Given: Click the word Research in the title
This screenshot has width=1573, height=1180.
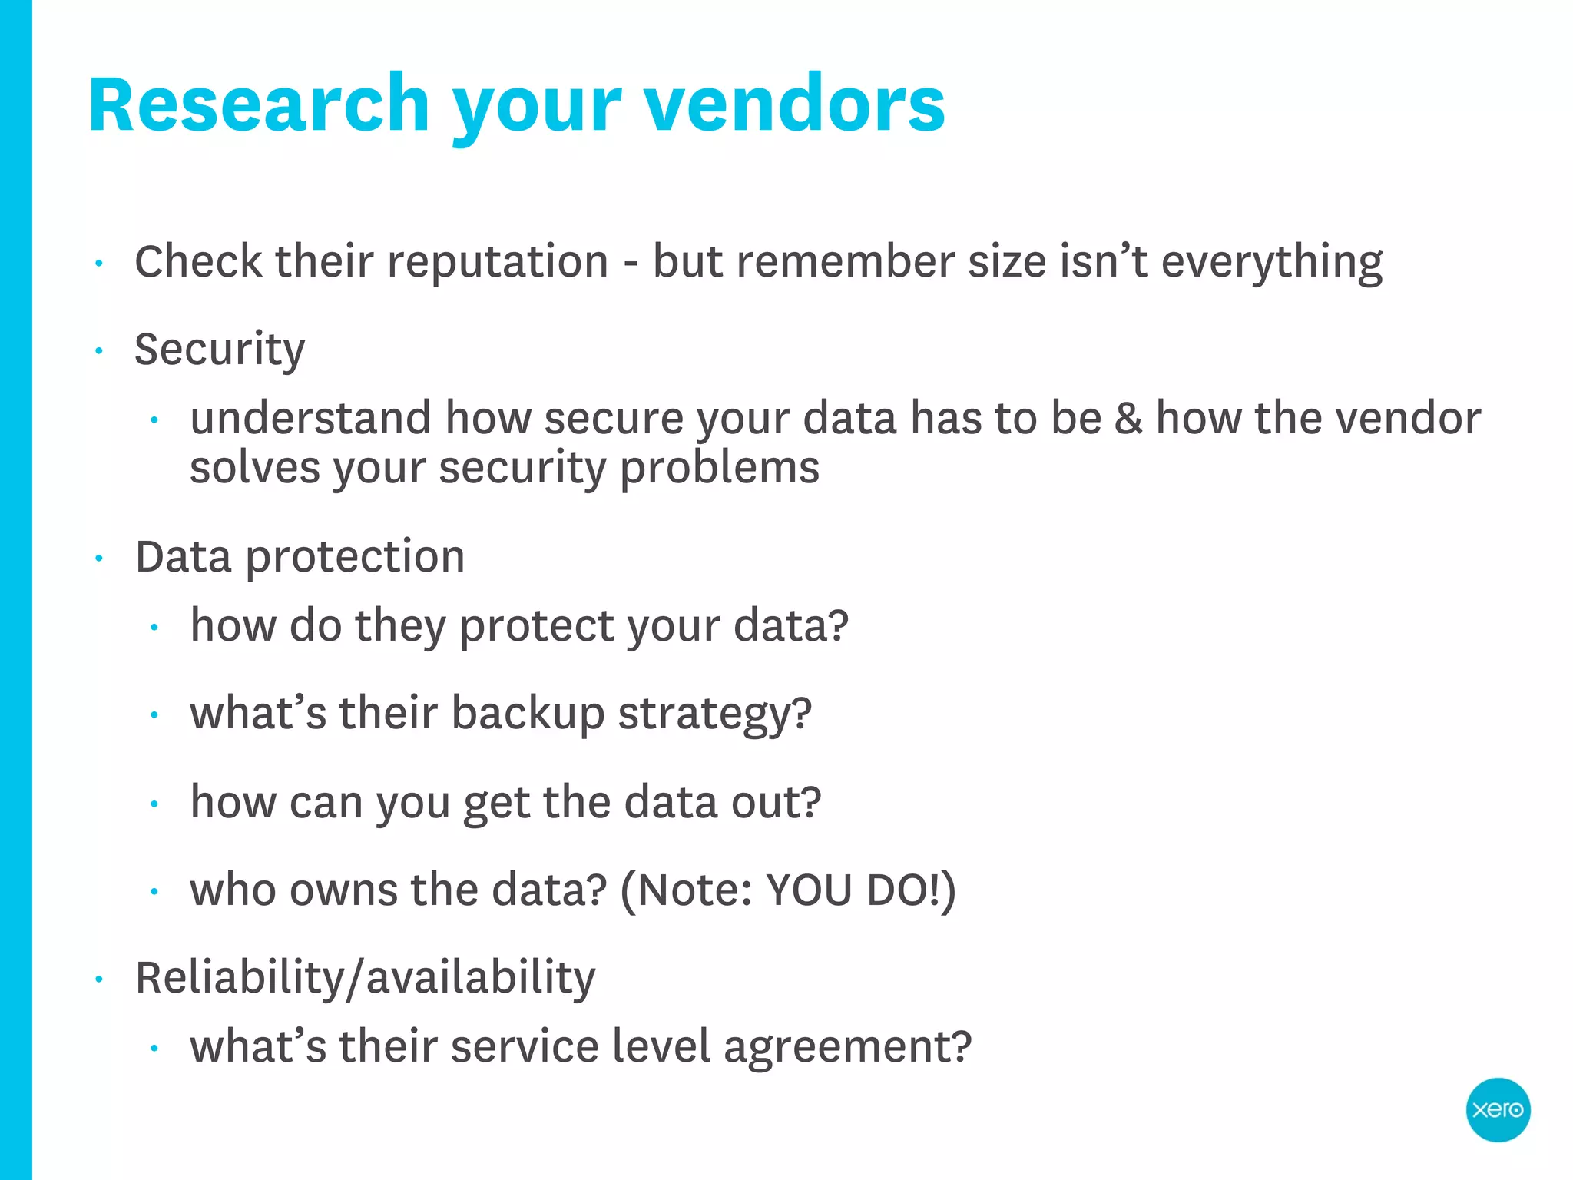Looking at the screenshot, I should click(x=259, y=105).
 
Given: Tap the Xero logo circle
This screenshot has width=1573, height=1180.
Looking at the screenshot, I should click(x=1498, y=1109).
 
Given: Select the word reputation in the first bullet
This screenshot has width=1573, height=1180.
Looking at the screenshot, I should click(x=498, y=263).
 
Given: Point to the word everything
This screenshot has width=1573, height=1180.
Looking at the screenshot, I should click(x=1271, y=263).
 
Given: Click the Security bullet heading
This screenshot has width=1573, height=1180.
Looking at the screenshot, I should click(x=220, y=350).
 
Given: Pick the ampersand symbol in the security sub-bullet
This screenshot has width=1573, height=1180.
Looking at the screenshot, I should click(x=1128, y=419).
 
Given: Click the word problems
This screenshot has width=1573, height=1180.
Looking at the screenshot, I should click(x=720, y=469).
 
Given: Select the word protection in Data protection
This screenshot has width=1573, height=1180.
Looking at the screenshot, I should click(x=355, y=558).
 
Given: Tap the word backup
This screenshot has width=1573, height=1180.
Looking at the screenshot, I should click(x=528, y=714).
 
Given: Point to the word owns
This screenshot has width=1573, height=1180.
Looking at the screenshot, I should click(x=343, y=890).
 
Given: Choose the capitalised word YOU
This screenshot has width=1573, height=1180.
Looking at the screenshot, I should click(x=810, y=891).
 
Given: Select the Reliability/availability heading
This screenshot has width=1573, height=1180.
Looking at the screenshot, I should click(x=365, y=979).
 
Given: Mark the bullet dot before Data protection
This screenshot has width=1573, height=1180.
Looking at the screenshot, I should click(x=99, y=559).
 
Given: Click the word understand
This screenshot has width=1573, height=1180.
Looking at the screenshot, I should click(x=311, y=419).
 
